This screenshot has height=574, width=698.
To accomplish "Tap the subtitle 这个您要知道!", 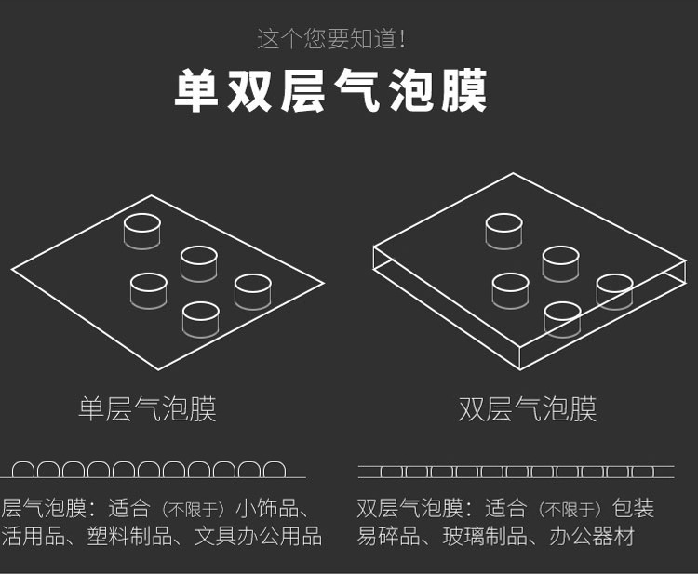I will click(x=331, y=39).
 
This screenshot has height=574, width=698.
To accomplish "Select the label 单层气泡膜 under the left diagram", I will click(x=147, y=409).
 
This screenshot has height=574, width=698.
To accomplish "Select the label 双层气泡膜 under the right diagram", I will click(x=527, y=409).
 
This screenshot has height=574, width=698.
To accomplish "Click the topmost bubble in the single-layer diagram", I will click(x=142, y=231).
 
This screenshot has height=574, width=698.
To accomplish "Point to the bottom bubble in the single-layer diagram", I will click(x=201, y=318).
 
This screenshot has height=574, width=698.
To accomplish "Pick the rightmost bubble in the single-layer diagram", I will click(x=252, y=290).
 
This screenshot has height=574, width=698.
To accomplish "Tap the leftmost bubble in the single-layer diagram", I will click(x=148, y=289).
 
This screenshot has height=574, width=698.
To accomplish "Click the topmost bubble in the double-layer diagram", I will click(x=503, y=231).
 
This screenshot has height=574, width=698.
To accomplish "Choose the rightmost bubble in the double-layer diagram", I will click(x=614, y=290).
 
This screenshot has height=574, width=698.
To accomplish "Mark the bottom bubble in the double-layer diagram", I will click(x=562, y=318).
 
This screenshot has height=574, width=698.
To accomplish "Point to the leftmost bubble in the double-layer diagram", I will click(x=510, y=289).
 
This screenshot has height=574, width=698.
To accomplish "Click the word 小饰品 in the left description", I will click(x=265, y=509).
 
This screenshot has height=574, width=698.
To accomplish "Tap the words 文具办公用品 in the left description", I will click(x=258, y=537).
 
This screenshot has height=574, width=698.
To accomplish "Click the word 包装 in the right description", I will click(x=634, y=509).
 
